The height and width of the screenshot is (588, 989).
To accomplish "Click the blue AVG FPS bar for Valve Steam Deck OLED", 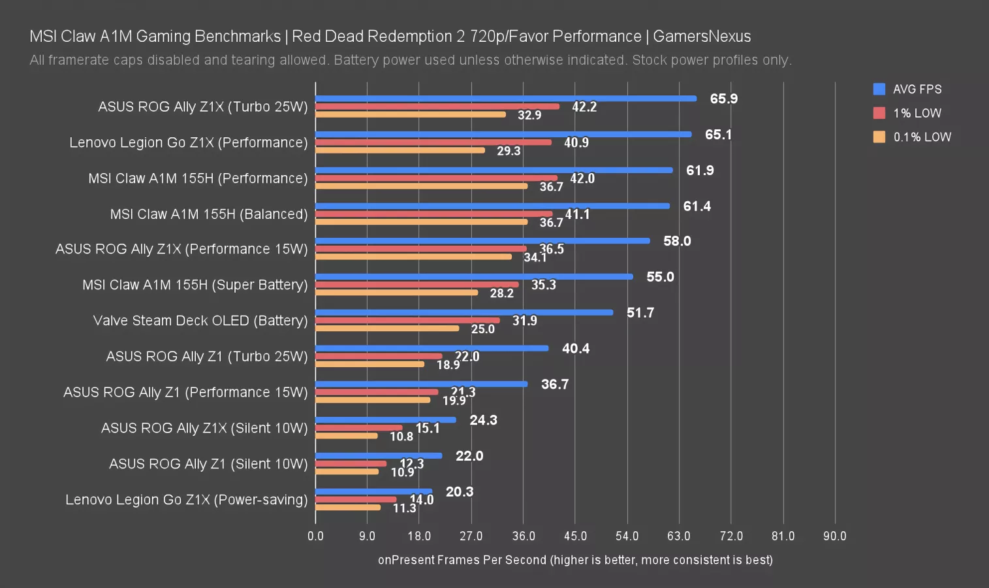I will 463,312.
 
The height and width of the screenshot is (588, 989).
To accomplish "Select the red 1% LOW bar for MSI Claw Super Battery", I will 416,285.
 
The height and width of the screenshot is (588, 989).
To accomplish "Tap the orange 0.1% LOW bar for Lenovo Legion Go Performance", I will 400,150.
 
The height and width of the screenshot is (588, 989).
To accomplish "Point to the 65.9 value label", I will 723,99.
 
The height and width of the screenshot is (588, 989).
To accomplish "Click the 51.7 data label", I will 640,313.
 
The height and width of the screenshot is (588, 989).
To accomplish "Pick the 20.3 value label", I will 459,492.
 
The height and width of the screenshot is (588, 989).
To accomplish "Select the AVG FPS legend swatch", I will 879,89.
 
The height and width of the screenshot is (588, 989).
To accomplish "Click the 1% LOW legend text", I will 917,113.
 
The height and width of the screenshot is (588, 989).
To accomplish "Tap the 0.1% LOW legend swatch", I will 879,137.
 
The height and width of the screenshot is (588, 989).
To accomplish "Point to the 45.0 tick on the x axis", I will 575,536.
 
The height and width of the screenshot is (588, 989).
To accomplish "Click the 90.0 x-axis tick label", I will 834,536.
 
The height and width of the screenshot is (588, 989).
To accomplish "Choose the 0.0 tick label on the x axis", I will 315,536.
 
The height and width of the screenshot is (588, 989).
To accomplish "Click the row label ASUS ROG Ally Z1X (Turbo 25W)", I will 202,106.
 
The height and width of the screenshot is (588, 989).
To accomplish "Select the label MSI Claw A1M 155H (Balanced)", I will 208,214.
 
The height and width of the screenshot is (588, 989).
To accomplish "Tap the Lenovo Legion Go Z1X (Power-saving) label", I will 186,500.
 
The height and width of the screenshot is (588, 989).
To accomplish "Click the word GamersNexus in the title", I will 702,37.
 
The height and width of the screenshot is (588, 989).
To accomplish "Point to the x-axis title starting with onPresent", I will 575,560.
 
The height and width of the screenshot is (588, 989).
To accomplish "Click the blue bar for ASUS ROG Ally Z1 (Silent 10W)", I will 379,456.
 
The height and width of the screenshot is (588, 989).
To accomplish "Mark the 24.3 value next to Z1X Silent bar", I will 483,420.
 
